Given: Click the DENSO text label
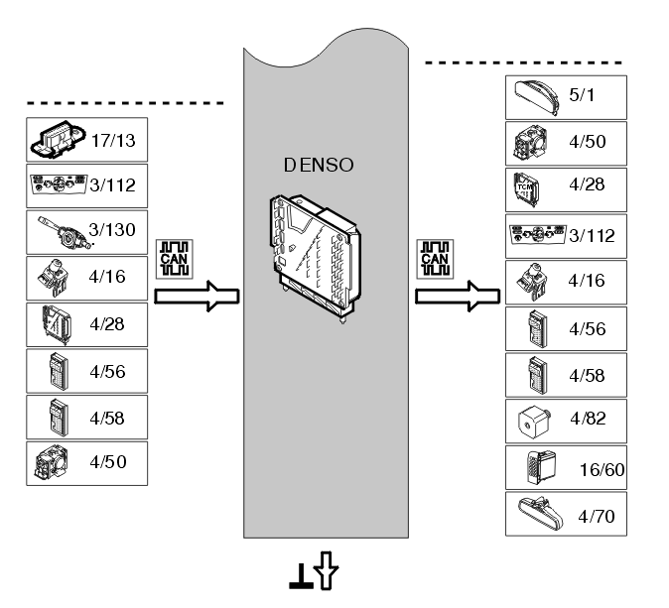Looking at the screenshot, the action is [x=319, y=165].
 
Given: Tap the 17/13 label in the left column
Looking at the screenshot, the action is [x=113, y=141].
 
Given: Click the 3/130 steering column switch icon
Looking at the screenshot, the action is [x=66, y=233].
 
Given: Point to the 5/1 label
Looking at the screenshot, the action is [x=582, y=95].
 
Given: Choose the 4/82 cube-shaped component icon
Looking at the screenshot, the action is [x=534, y=422].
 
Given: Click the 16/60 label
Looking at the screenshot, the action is [x=602, y=470].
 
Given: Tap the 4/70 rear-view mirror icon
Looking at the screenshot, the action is [x=540, y=514].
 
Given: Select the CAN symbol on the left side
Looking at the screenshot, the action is [x=175, y=259].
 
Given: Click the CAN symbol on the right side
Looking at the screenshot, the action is [x=435, y=259].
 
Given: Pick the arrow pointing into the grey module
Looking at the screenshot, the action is [x=197, y=296].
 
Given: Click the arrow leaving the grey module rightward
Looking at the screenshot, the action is [x=458, y=296].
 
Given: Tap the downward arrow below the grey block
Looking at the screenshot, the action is [x=326, y=570].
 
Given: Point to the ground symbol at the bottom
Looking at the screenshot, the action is [x=302, y=577].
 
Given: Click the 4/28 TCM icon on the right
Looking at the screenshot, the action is [x=526, y=189].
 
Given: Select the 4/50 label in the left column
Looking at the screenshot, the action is [x=108, y=462].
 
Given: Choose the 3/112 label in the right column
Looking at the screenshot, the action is [x=593, y=236].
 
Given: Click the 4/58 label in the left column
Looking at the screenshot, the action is [x=107, y=419].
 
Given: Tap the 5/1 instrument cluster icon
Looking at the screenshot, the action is [x=537, y=97].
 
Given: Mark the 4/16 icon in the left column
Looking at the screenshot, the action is [x=53, y=278].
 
